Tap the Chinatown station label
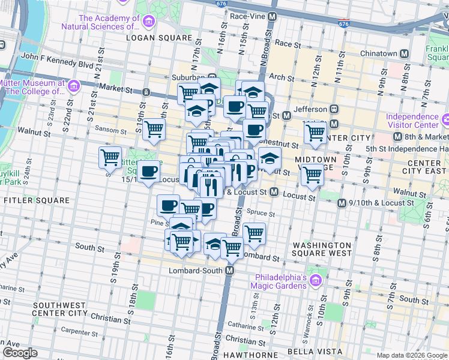pos(378,53)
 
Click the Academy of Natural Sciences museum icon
pos(148,23)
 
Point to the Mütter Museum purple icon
pos(73,87)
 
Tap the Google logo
pos(20,353)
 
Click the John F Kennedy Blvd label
pos(57,60)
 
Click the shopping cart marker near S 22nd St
pos(110,157)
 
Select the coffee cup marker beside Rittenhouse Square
pos(148,171)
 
